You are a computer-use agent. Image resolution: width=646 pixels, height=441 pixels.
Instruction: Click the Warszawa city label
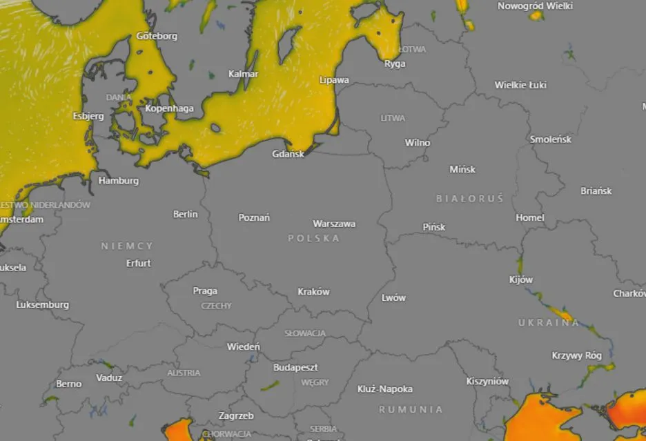(334, 224)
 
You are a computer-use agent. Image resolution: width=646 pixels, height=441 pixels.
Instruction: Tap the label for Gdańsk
(288, 154)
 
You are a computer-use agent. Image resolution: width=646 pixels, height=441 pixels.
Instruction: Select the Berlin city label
(185, 214)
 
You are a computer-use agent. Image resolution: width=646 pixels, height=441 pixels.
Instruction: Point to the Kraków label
(313, 291)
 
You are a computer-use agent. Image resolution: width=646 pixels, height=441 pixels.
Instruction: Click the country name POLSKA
(314, 238)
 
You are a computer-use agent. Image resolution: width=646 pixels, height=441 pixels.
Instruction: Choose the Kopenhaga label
(170, 108)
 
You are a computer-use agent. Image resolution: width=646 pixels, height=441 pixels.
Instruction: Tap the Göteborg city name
(157, 36)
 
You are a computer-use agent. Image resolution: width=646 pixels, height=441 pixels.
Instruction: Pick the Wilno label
(418, 143)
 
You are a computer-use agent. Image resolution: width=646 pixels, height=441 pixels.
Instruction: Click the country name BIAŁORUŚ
(470, 199)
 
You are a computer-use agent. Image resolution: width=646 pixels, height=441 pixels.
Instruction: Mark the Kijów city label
(521, 280)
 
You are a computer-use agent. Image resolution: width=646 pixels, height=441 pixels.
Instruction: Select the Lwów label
(393, 297)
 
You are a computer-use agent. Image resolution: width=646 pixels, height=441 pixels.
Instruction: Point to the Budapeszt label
(295, 367)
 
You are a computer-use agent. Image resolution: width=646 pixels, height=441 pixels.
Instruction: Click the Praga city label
(205, 291)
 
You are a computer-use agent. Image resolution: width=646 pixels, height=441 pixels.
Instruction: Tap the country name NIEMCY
(127, 246)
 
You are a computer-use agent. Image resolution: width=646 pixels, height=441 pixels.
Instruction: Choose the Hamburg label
(119, 181)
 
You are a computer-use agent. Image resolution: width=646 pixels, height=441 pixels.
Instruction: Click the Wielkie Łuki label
(520, 85)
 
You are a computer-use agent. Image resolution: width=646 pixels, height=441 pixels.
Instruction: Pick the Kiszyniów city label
(487, 381)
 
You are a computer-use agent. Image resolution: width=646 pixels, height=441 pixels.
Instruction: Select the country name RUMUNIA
(411, 409)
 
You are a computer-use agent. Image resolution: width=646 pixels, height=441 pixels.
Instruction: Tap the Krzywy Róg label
(577, 355)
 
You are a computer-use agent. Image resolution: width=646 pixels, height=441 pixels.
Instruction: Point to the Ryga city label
(395, 63)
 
